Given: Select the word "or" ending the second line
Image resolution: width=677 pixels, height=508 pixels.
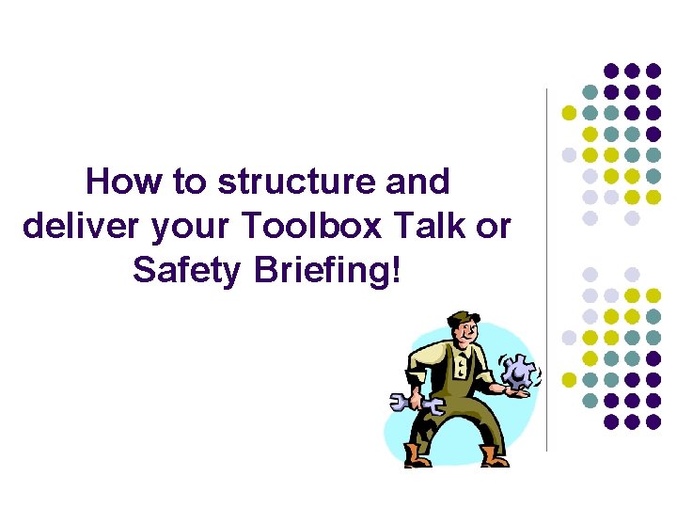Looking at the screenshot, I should click(495, 228).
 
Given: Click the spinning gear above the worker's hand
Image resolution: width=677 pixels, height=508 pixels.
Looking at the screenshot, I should click(518, 370).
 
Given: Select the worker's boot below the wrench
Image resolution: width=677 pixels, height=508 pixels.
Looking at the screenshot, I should click(416, 457).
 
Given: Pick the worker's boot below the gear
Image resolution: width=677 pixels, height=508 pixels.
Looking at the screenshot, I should click(491, 457).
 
